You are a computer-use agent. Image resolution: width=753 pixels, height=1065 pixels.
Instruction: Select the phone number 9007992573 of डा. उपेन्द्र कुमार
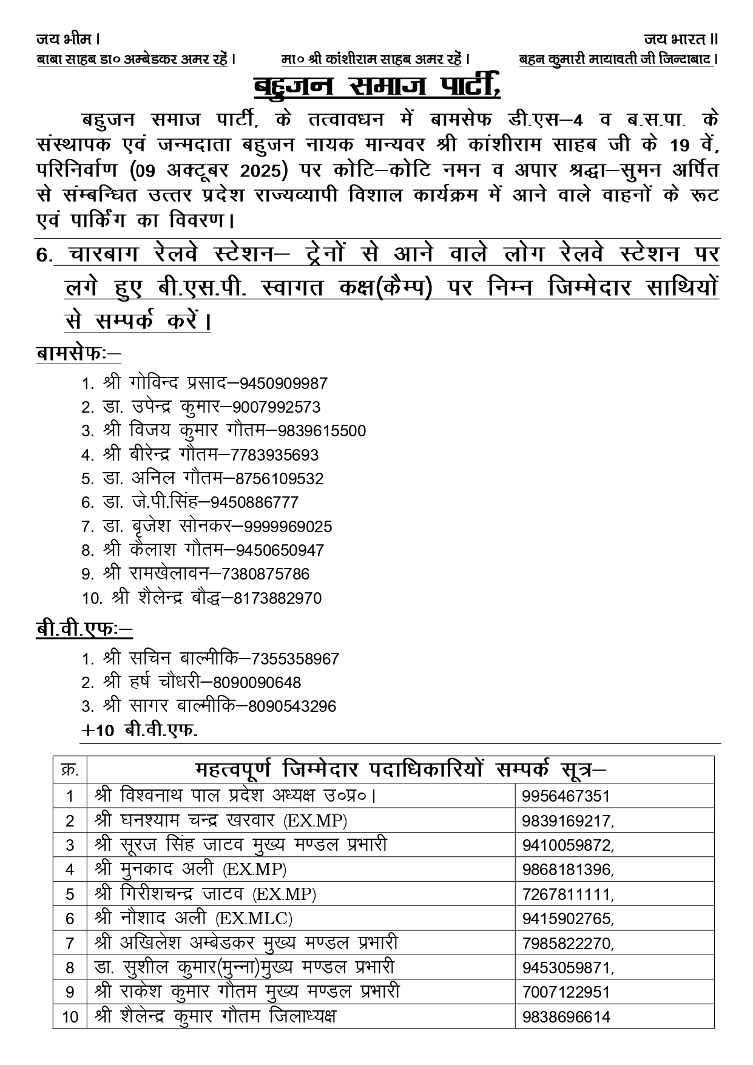[x=276, y=408]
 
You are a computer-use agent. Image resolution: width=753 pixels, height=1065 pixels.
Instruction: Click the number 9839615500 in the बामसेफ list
[x=322, y=431]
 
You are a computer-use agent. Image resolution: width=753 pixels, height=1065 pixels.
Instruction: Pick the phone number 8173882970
[x=277, y=598]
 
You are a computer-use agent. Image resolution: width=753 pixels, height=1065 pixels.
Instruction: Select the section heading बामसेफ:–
[x=78, y=354]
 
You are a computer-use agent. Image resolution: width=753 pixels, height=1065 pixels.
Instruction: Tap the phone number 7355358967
[x=295, y=659]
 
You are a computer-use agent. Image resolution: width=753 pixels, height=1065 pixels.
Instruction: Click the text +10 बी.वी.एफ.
[x=140, y=730]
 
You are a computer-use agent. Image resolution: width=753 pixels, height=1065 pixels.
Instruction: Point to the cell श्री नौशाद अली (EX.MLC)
[x=194, y=919]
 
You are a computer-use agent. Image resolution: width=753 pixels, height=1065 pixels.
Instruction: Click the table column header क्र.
[x=70, y=770]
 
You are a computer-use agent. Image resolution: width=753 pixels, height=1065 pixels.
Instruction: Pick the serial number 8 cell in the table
[x=70, y=968]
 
